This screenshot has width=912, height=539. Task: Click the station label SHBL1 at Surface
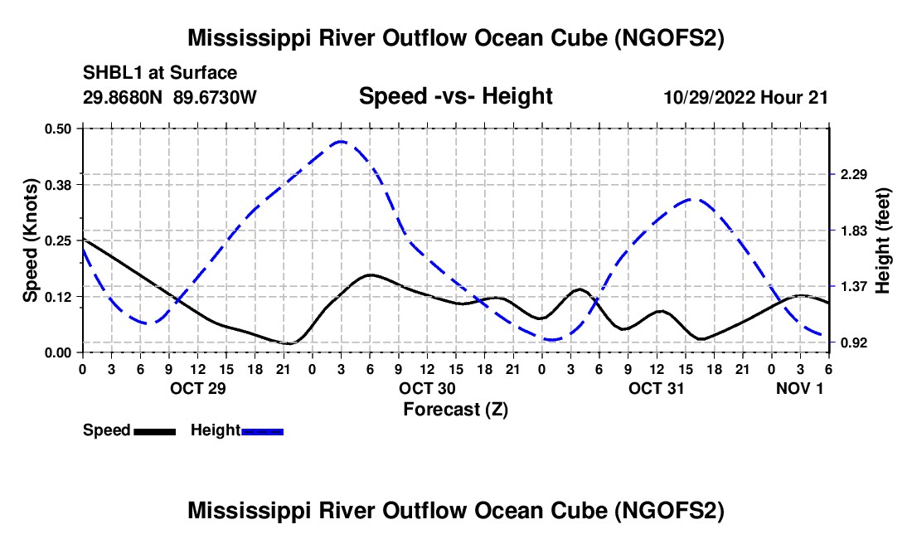click(160, 73)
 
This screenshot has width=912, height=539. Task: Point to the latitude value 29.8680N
click(123, 97)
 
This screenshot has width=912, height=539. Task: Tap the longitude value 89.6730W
click(215, 97)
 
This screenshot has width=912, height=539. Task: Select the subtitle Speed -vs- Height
click(455, 96)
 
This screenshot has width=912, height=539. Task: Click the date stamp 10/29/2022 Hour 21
click(745, 97)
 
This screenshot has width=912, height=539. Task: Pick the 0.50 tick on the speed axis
click(58, 129)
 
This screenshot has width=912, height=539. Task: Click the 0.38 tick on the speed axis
click(58, 185)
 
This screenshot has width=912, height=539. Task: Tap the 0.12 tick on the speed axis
click(58, 297)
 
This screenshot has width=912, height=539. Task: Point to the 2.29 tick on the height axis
click(854, 174)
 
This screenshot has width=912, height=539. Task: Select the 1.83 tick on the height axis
click(854, 231)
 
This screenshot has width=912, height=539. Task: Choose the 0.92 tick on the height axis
click(854, 342)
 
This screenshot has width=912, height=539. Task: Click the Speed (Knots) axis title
click(30, 240)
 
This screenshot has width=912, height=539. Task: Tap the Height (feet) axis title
click(883, 240)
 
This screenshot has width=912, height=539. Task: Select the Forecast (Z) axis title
click(455, 410)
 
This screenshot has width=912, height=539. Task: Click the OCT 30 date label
click(427, 388)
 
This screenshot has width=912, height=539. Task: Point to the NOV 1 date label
click(800, 388)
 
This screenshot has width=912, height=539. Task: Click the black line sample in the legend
click(155, 431)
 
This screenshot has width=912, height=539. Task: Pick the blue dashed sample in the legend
click(262, 431)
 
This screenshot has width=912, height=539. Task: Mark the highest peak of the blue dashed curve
click(342, 141)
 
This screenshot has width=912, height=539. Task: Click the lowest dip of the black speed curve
click(289, 343)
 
